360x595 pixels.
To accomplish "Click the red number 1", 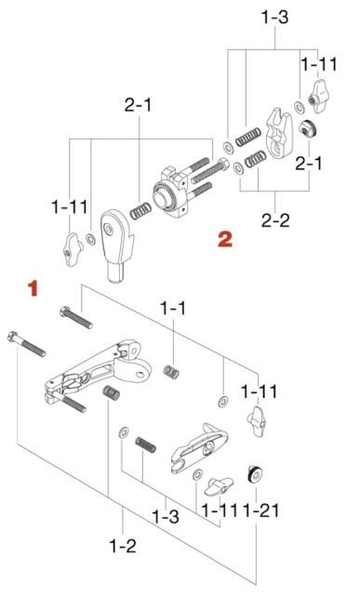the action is (33, 288).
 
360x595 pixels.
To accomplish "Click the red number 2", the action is (225, 239).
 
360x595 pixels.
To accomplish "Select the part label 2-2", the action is (275, 220).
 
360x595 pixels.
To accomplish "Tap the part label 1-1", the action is (173, 309).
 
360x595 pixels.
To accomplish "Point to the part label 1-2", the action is (122, 546).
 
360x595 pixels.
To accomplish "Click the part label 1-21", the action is (261, 510).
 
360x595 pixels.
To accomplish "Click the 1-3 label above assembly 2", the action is (274, 17).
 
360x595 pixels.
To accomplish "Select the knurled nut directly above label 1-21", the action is (255, 474).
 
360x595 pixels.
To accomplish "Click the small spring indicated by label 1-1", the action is (171, 372).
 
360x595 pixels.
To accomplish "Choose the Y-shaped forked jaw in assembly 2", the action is (279, 132).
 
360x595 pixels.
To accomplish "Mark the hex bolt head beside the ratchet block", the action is (223, 165).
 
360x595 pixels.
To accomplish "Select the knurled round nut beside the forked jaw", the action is (308, 129).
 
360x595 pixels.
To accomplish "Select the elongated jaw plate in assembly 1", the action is (199, 448).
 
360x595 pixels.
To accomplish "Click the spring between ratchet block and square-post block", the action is (140, 211).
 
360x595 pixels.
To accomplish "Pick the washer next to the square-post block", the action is (90, 240).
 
